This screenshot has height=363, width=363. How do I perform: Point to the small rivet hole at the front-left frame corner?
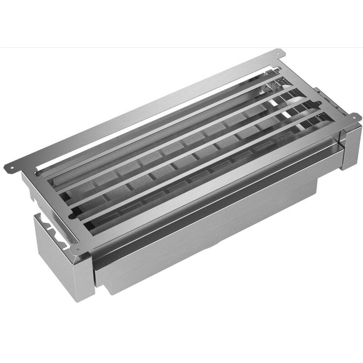click(x=78, y=249)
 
